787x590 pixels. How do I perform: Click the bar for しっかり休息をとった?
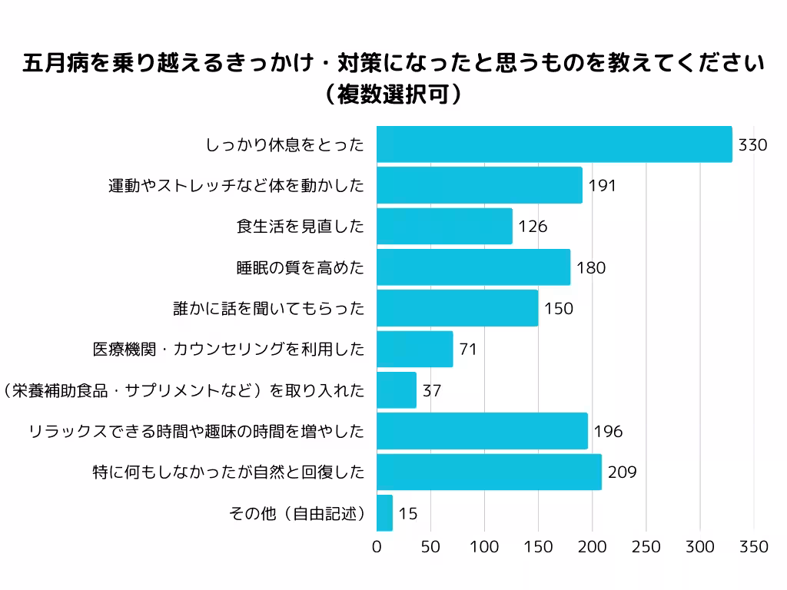[554, 144]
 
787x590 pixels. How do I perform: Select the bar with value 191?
[480, 185]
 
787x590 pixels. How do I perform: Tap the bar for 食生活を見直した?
[444, 227]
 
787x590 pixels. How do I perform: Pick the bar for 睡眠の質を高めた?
[473, 267]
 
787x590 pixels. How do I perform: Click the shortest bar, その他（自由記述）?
[384, 513]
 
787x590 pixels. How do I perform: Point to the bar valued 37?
[397, 390]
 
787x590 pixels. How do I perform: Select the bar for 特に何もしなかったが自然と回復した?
[489, 472]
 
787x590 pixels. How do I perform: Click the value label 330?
[752, 144]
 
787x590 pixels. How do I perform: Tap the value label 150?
[559, 309]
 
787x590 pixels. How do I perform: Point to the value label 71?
[468, 350]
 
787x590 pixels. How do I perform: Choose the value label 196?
[608, 432]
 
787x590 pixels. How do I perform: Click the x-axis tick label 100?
[485, 547]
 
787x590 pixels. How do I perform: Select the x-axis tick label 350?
[754, 547]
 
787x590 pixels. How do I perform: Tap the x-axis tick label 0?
[377, 547]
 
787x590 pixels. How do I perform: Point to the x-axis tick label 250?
[646, 547]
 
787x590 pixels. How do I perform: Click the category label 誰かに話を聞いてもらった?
[269, 309]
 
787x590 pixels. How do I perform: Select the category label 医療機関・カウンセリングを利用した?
[228, 350]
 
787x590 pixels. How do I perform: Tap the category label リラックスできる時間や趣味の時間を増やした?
[196, 432]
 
